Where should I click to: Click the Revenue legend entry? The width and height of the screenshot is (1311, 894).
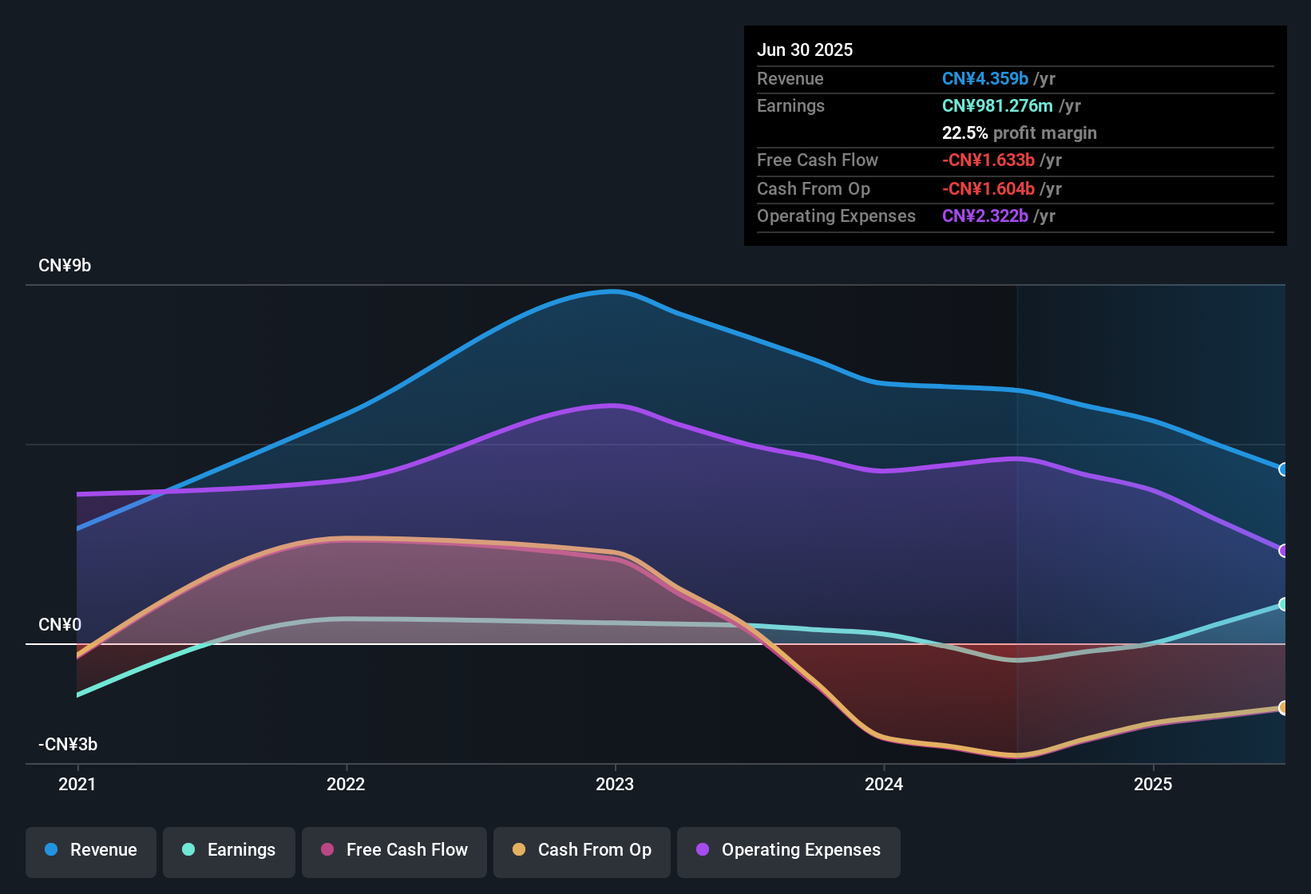click(91, 850)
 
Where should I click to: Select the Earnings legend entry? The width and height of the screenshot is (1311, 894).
click(229, 850)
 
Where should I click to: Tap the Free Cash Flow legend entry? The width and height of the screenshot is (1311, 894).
click(394, 850)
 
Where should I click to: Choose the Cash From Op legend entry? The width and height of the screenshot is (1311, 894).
click(582, 850)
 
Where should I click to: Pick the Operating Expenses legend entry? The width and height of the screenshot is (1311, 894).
click(789, 850)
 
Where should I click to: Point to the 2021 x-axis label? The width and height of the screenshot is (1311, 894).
click(77, 784)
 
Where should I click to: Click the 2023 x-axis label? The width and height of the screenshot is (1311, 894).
click(615, 784)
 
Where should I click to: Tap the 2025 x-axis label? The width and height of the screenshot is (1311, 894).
click(1153, 784)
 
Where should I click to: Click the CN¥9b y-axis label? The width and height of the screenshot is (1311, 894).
click(65, 266)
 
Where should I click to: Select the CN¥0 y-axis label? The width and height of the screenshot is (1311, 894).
click(60, 624)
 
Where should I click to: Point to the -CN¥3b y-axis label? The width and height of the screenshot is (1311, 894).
click(68, 744)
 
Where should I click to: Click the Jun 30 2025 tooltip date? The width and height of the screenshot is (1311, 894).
click(805, 49)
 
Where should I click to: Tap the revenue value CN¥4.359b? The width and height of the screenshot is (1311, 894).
click(985, 78)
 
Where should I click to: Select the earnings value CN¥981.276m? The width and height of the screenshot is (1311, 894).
click(997, 105)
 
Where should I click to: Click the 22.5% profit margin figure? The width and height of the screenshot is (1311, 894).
click(964, 133)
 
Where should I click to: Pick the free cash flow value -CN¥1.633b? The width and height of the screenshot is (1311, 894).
click(988, 160)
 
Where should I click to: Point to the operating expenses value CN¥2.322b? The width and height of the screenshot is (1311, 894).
click(985, 216)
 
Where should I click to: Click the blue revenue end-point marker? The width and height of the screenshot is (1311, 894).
click(1283, 469)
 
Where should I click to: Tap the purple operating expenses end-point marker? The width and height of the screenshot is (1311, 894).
click(1283, 551)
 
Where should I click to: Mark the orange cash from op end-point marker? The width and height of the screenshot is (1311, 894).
click(1283, 707)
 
